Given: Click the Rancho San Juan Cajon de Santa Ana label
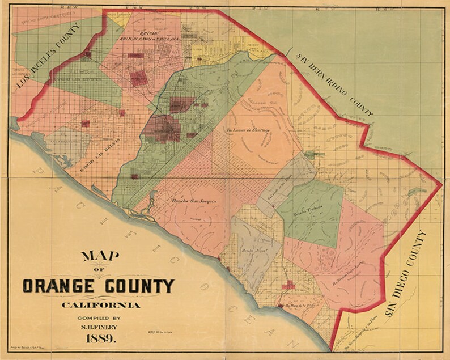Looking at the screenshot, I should tap(152, 35).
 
